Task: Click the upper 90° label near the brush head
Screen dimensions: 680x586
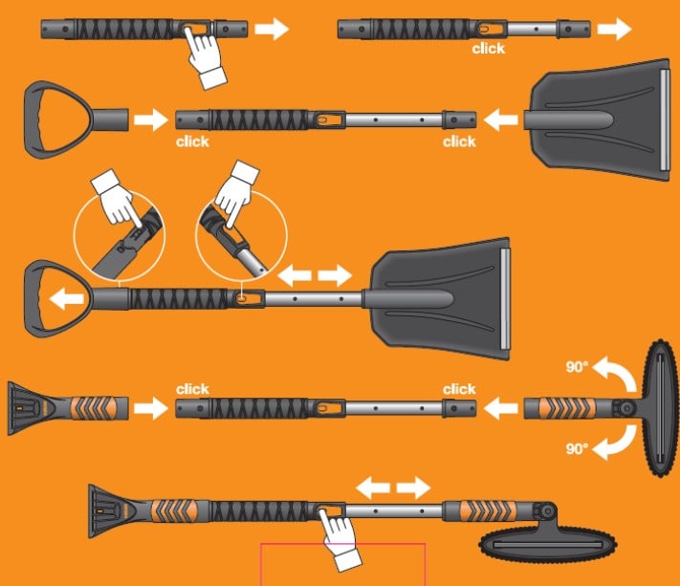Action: (x=577, y=367)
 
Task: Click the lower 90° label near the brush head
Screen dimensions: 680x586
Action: (x=577, y=448)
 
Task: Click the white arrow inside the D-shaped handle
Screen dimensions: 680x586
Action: (x=67, y=299)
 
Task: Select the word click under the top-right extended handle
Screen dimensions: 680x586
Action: (x=489, y=48)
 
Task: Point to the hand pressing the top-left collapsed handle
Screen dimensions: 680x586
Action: (x=205, y=57)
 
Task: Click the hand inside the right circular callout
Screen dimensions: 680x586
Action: (x=235, y=194)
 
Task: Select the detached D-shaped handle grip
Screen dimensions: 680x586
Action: (x=76, y=119)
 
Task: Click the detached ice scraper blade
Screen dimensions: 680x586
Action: (x=67, y=408)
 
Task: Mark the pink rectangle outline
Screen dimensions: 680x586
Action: (x=342, y=564)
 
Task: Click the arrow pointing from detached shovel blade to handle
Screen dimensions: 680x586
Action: (x=500, y=120)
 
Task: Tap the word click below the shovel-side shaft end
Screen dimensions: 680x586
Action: (x=459, y=141)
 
